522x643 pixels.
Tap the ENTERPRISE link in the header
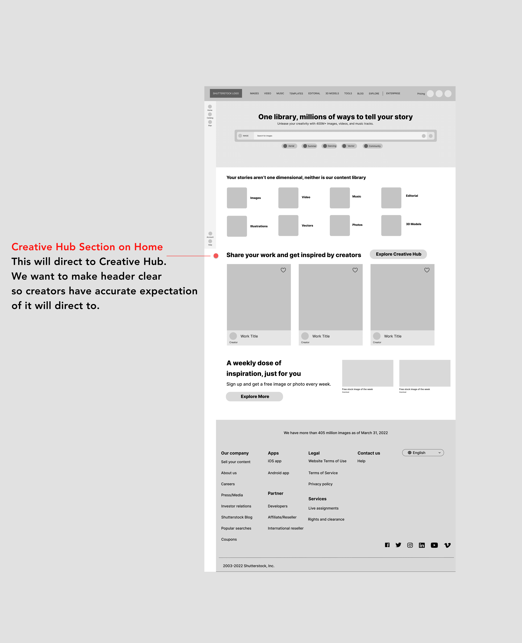[x=393, y=93]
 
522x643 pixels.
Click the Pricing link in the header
[x=421, y=94]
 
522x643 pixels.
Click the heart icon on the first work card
[x=283, y=270]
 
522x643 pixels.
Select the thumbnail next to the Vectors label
[x=288, y=226]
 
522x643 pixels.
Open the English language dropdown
[x=423, y=453]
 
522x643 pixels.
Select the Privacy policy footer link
[x=320, y=484]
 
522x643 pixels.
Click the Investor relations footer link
[x=236, y=506]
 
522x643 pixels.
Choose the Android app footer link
[x=278, y=473]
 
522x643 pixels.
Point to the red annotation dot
[x=216, y=256]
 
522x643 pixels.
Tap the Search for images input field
[x=337, y=136]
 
